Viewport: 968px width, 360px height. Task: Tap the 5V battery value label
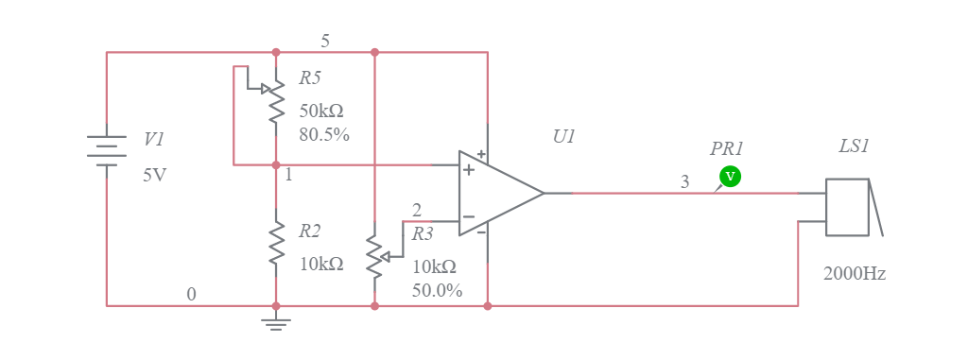pos(155,174)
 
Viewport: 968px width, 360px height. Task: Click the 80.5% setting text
pos(323,134)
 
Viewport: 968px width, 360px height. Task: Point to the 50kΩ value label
pos(321,110)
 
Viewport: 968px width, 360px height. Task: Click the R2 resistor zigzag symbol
pos(276,243)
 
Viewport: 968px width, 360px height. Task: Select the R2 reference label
pos(310,230)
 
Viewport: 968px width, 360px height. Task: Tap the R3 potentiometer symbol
pos(375,256)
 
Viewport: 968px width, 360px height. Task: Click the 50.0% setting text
pos(437,290)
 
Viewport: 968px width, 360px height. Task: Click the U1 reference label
pos(563,136)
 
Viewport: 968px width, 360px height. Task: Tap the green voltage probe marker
pos(729,176)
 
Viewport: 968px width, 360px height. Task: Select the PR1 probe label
pos(727,148)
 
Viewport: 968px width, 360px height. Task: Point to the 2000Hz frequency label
pos(854,273)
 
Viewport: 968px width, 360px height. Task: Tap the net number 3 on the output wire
pos(685,182)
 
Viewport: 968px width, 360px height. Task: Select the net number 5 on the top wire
pos(325,41)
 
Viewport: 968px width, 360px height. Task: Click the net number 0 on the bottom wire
pos(191,294)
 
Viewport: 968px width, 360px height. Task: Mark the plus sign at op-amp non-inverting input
pos(468,170)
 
